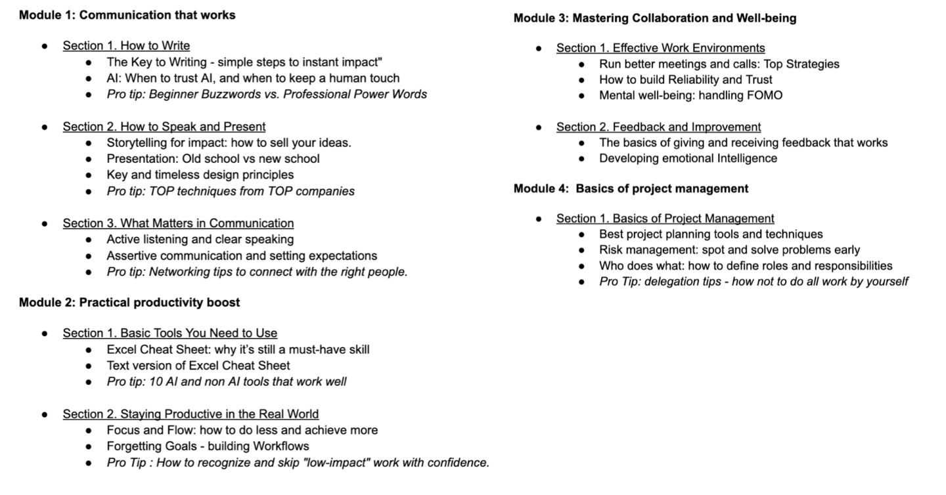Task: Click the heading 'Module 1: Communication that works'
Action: pyautogui.click(x=127, y=14)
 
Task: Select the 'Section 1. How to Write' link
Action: pyautogui.click(x=126, y=46)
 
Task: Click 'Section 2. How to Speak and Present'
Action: pyautogui.click(x=164, y=127)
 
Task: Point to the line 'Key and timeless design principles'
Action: pyautogui.click(x=200, y=175)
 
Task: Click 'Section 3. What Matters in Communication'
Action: pyautogui.click(x=178, y=223)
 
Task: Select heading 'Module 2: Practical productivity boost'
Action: pyautogui.click(x=129, y=302)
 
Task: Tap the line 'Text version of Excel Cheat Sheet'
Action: pyautogui.click(x=198, y=365)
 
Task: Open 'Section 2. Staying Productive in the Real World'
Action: pyautogui.click(x=191, y=414)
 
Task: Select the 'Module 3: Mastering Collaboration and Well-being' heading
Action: pyautogui.click(x=654, y=18)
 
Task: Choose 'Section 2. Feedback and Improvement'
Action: pyautogui.click(x=658, y=127)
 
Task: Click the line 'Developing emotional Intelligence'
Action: pyautogui.click(x=688, y=158)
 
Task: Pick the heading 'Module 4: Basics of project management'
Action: pyautogui.click(x=631, y=188)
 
